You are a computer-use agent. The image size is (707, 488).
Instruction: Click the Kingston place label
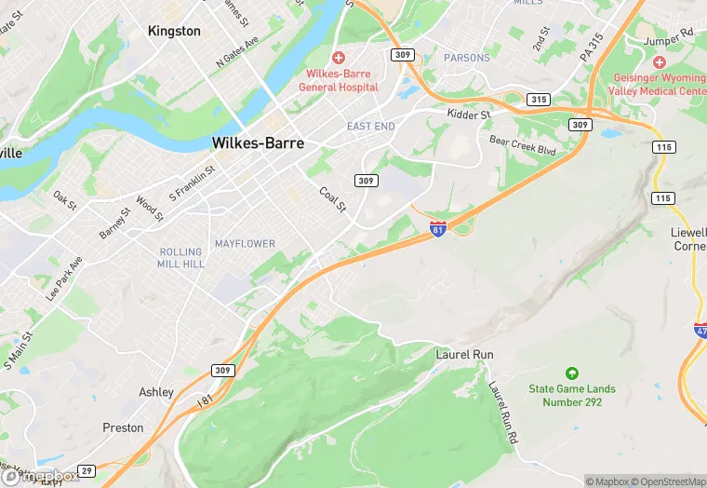174,31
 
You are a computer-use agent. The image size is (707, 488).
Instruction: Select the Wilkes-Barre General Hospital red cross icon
339,58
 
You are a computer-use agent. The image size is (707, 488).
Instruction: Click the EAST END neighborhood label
371,126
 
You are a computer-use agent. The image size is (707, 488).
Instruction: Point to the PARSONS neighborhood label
467,58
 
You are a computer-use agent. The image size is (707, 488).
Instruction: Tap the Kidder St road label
468,114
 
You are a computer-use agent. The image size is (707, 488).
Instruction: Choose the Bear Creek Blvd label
522,146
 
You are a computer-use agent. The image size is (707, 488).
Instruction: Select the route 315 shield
538,99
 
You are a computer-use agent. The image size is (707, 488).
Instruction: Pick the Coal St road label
332,198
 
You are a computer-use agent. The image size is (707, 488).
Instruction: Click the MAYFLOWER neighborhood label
245,244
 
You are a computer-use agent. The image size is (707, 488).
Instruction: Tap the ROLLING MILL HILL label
181,258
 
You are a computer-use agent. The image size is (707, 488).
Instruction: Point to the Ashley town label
155,392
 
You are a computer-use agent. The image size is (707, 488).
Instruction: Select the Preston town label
123,427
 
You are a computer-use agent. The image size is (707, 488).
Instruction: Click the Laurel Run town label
464,355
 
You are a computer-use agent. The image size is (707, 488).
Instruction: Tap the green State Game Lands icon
571,373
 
